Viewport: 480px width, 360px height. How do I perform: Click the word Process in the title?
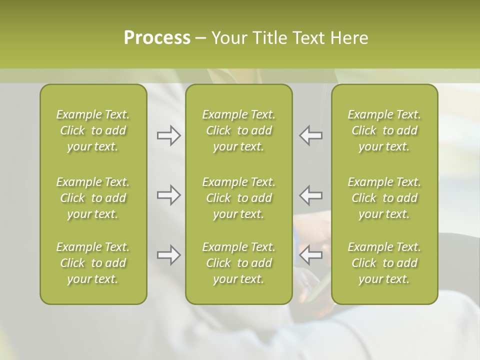click(x=157, y=38)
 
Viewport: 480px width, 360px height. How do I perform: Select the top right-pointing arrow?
click(x=168, y=135)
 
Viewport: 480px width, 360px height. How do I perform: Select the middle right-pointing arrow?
click(x=168, y=195)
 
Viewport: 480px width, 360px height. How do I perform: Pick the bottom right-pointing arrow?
click(x=168, y=255)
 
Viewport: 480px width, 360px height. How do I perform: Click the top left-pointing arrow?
click(x=310, y=135)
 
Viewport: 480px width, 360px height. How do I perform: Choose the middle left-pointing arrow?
click(x=310, y=195)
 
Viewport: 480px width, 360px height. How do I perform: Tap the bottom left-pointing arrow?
click(x=310, y=255)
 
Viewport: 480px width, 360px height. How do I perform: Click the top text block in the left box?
click(x=93, y=130)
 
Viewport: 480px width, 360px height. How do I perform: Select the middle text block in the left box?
click(x=93, y=198)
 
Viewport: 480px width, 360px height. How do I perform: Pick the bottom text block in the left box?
click(x=93, y=263)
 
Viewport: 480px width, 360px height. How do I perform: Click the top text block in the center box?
click(x=238, y=130)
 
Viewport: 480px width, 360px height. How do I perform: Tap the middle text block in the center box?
click(x=238, y=198)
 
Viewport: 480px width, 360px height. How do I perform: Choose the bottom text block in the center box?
click(x=238, y=263)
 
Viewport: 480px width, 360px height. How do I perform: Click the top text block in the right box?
click(x=384, y=130)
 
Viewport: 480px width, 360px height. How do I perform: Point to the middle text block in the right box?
click(x=384, y=198)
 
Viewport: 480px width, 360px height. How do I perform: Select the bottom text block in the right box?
click(x=384, y=263)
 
